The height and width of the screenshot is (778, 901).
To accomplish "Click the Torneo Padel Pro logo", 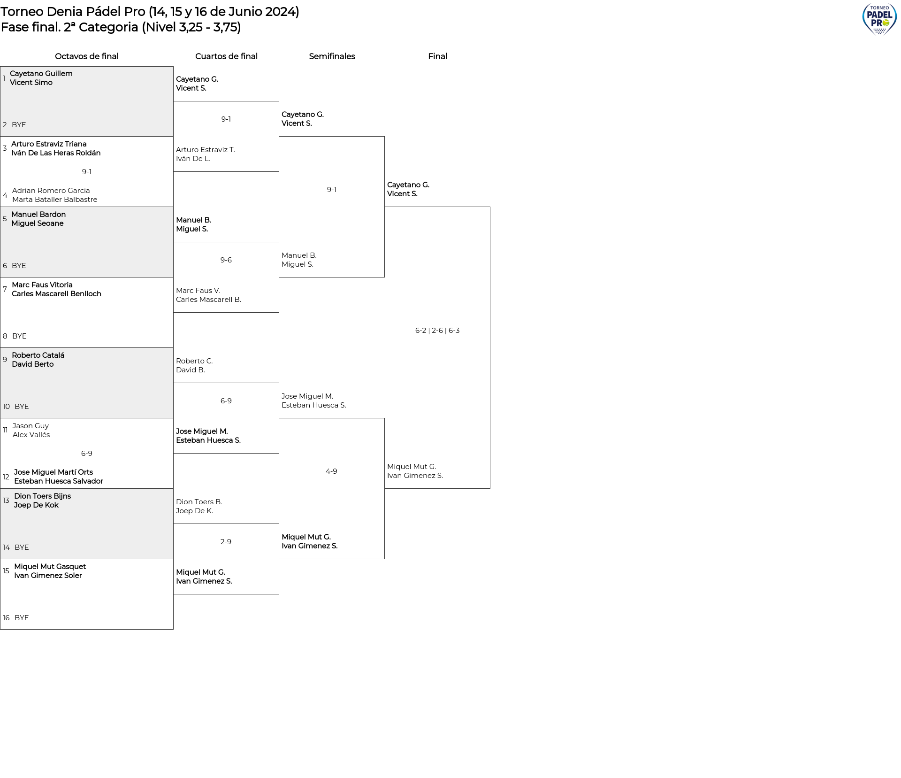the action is [x=879, y=19].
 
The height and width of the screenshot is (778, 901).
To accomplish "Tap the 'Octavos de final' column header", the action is [x=87, y=56].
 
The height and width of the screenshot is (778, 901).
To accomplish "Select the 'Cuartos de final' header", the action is [x=226, y=56].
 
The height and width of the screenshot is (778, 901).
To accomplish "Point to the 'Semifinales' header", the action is [x=332, y=56].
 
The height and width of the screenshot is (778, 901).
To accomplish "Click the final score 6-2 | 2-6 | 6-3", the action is [x=437, y=331].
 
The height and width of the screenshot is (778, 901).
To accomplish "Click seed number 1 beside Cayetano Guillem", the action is [x=4, y=78].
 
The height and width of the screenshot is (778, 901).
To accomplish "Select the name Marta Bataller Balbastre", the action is [x=55, y=200].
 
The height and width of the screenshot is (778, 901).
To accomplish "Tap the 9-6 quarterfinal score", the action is [x=226, y=260].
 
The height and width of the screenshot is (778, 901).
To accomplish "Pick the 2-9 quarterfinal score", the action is [x=226, y=542].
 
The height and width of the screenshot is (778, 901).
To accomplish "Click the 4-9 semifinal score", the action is [x=331, y=471].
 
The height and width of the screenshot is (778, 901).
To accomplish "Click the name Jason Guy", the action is [x=31, y=426].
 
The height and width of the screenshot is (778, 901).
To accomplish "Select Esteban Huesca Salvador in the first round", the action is [x=59, y=481].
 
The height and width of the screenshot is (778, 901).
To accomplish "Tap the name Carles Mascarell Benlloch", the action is [x=56, y=294].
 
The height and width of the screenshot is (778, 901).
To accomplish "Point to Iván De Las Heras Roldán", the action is [x=56, y=153].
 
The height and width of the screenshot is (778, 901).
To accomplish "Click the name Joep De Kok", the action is [x=36, y=505].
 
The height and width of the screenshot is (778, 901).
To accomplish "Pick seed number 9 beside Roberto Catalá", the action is [x=5, y=360].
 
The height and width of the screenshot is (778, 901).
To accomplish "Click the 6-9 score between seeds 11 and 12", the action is [x=87, y=454].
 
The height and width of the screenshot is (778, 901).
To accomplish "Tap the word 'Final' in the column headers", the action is [x=437, y=56].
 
